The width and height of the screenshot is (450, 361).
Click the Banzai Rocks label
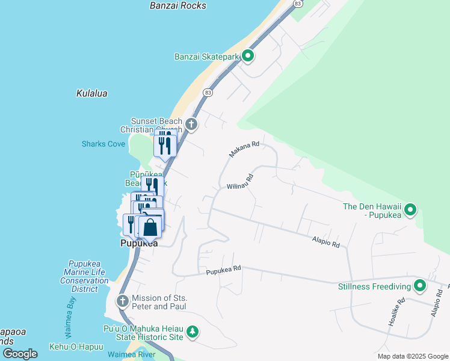[x=177, y=5]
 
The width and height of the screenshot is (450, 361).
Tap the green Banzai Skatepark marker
[x=248, y=57]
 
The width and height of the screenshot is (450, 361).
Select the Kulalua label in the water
[x=91, y=93]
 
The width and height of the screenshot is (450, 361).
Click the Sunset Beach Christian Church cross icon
[x=191, y=125]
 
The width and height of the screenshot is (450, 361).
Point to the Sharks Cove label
[x=103, y=144]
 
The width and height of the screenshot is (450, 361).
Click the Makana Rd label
[x=244, y=149]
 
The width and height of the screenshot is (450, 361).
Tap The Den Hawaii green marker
[x=410, y=210]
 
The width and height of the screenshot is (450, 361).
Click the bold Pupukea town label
[x=139, y=244]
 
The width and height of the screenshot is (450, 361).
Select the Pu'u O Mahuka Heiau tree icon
[x=192, y=332]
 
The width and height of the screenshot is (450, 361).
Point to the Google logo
[x=20, y=354]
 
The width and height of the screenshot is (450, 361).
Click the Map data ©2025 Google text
[x=412, y=356]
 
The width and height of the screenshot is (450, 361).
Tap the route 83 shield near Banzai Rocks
[x=297, y=4]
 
